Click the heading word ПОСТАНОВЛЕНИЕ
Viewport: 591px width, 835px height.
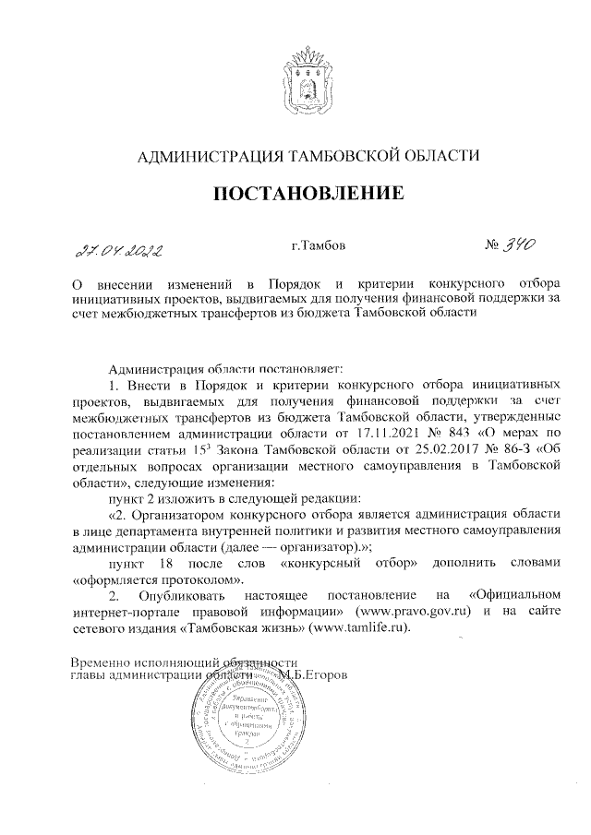309,194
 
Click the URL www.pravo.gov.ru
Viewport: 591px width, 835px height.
417,612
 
